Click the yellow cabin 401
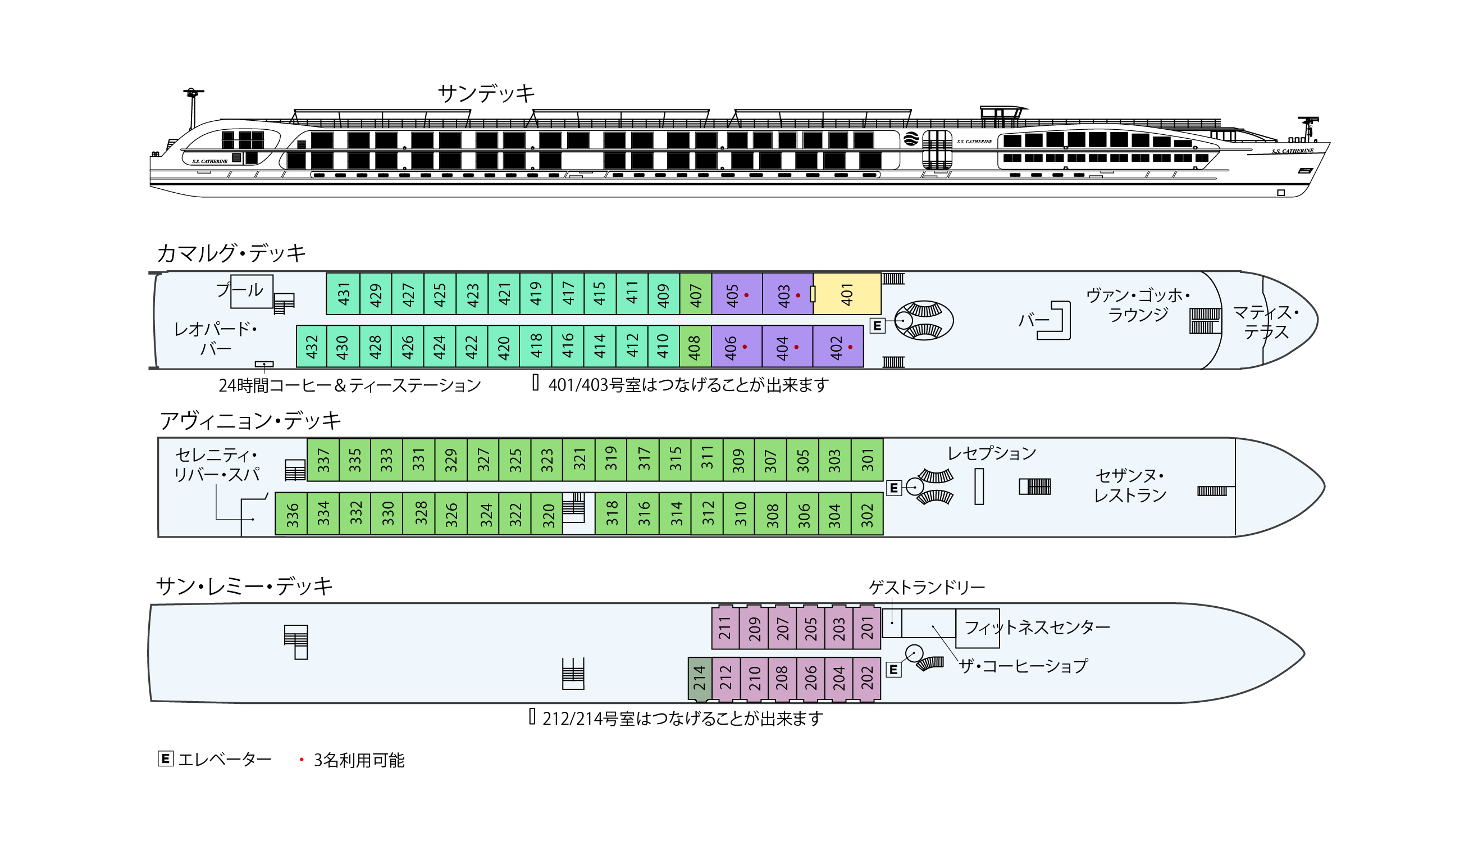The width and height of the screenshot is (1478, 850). pyautogui.click(x=847, y=294)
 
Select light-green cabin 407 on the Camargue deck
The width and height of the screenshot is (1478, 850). pyautogui.click(x=696, y=294)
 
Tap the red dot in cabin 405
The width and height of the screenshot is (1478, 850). pyautogui.click(x=746, y=296)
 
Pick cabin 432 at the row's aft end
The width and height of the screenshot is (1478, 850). pyautogui.click(x=312, y=346)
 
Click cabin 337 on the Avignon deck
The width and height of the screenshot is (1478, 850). pyautogui.click(x=323, y=460)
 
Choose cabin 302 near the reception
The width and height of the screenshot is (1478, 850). pyautogui.click(x=867, y=513)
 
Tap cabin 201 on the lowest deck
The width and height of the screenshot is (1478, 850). pyautogui.click(x=867, y=628)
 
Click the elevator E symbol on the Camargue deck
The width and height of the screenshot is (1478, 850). pyautogui.click(x=877, y=326)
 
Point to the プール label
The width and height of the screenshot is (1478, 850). pyautogui.click(x=240, y=289)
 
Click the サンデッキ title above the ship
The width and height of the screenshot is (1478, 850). pyautogui.click(x=486, y=93)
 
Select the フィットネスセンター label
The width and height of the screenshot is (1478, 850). pyautogui.click(x=1037, y=628)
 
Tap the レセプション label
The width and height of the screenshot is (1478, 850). pyautogui.click(x=991, y=453)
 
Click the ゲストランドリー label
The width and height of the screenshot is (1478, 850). pyautogui.click(x=927, y=587)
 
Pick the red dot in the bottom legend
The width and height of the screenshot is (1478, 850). pyautogui.click(x=302, y=760)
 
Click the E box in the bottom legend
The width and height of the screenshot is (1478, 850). pyautogui.click(x=166, y=759)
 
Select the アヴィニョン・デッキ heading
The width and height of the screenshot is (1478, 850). pyautogui.click(x=250, y=420)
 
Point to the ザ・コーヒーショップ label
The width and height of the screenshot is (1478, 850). pyautogui.click(x=1024, y=666)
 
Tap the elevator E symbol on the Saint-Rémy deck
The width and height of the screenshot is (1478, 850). pyautogui.click(x=893, y=670)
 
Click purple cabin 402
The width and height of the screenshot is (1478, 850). pyautogui.click(x=838, y=346)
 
